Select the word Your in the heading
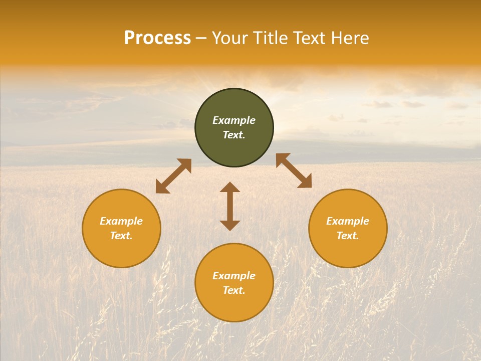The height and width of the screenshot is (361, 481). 230,39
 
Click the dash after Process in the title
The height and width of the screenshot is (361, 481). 201,39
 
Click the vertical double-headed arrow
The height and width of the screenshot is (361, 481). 230,206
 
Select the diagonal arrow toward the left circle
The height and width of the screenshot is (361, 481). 173,176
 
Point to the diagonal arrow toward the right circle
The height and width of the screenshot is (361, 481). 294,170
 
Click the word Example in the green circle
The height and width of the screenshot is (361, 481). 234,120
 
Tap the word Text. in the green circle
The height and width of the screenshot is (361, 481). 234,135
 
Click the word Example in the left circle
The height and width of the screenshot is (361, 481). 121,221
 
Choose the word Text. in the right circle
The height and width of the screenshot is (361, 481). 348,236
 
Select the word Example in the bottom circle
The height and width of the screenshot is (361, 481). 234,276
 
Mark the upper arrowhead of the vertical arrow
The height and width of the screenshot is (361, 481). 230,188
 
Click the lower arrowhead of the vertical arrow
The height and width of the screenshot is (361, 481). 230,225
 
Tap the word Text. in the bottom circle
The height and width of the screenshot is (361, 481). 234,290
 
